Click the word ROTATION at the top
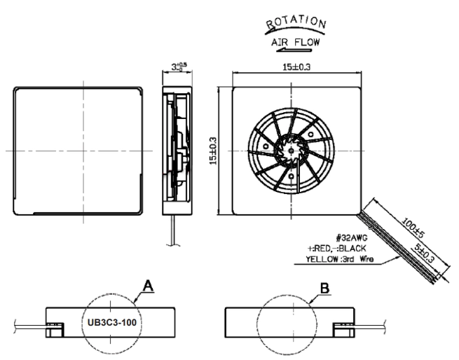coord(296,22)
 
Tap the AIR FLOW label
coord(295,42)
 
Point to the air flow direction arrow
coord(294,50)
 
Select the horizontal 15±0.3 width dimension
coord(296,67)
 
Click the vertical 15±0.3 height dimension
coord(214,151)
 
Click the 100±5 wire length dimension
coord(413,227)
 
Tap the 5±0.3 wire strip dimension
coord(424,253)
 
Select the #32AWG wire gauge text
coord(352,237)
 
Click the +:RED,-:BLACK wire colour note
coord(337,248)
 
